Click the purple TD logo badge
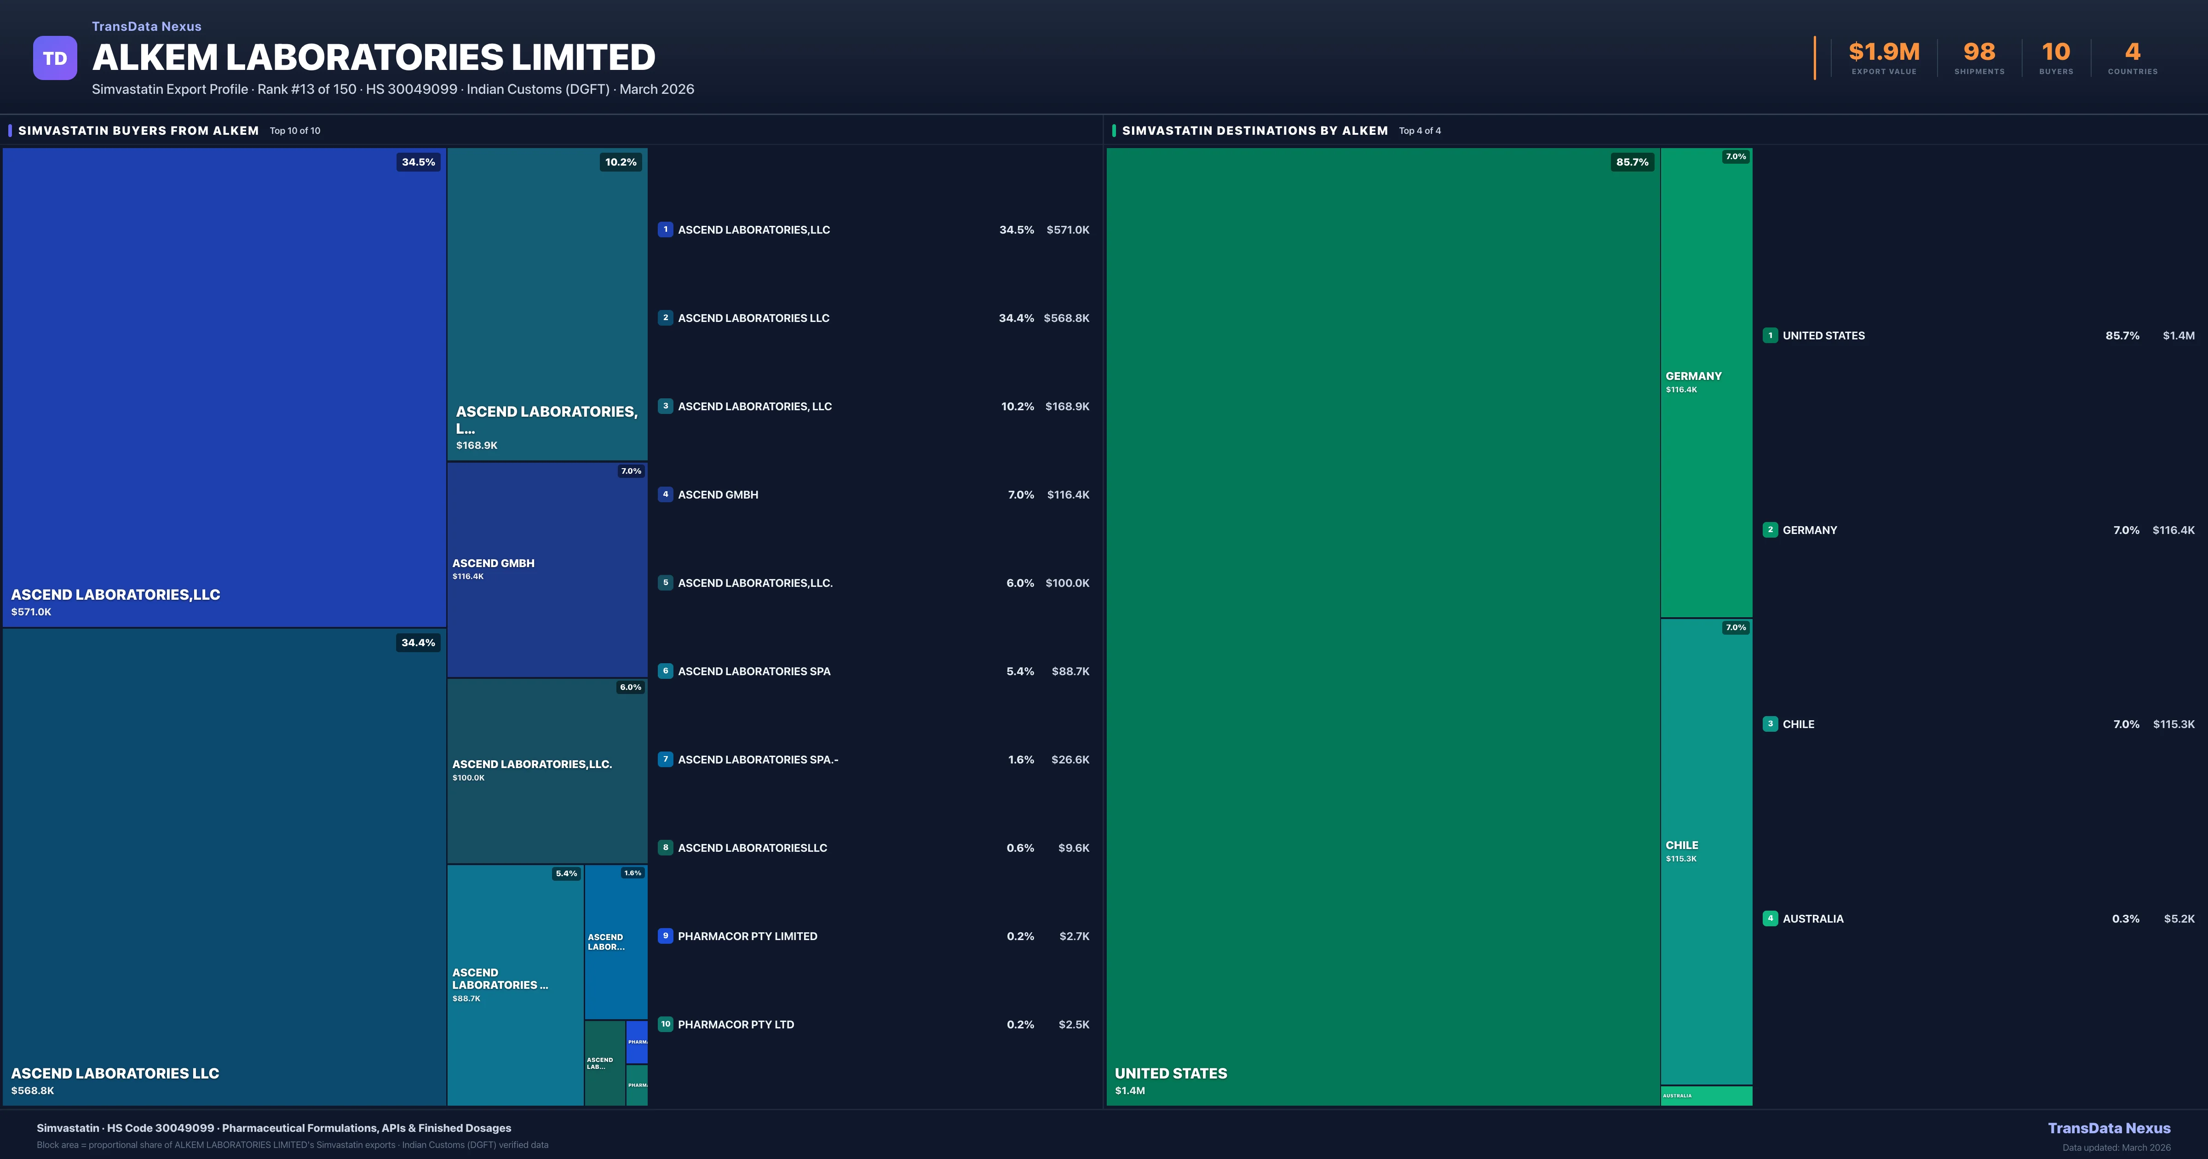[55, 58]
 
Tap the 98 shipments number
[1979, 52]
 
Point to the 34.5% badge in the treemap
[418, 162]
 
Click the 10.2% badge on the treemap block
[621, 162]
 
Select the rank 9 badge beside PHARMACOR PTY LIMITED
[665, 935]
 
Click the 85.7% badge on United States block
[1632, 162]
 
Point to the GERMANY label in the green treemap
[1693, 376]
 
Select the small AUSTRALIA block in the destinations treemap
[1706, 1096]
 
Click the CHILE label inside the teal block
[1682, 845]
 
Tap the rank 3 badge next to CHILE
[1770, 723]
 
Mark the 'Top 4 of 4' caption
[1420, 131]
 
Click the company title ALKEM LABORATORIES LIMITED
[374, 57]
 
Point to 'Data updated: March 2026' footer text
[2116, 1147]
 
